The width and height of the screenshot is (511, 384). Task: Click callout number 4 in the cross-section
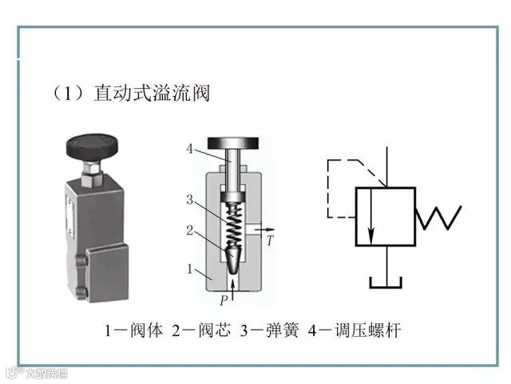click(189, 148)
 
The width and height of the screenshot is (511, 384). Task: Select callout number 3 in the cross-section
click(190, 198)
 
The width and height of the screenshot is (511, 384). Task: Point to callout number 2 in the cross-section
click(190, 230)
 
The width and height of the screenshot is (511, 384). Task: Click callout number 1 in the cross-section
click(190, 270)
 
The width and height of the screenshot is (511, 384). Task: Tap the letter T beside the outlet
click(271, 240)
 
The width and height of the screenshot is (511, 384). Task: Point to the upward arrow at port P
click(232, 284)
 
